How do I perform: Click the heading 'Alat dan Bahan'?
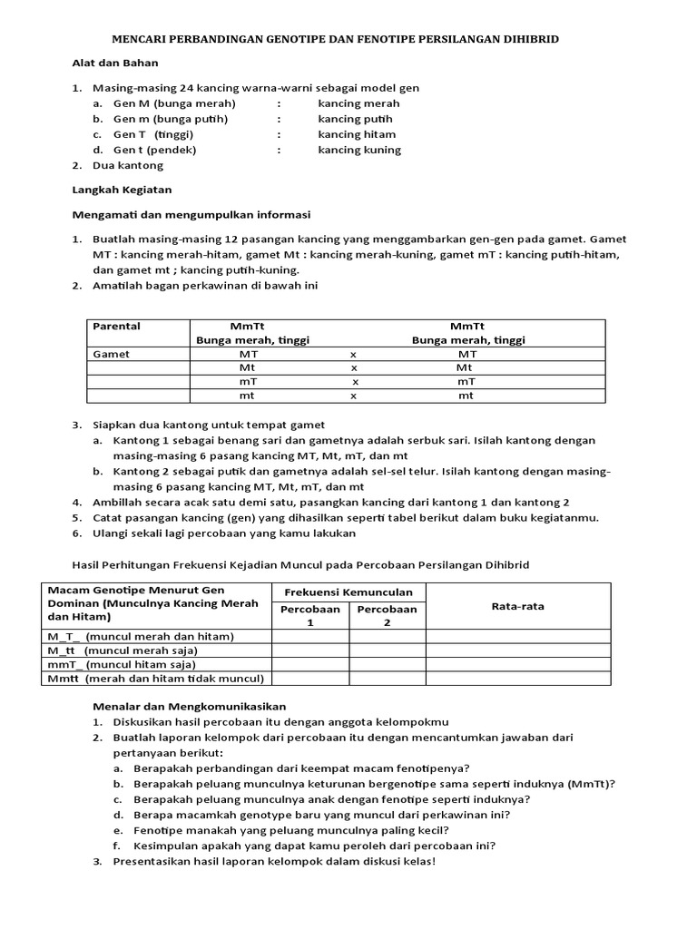115,64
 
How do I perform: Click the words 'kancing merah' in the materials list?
358,103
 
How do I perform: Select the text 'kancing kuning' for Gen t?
358,150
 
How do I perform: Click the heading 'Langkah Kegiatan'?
121,190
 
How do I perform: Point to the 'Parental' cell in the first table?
117,327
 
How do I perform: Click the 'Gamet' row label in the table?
112,355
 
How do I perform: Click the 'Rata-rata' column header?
517,606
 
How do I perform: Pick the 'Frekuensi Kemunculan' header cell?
348,592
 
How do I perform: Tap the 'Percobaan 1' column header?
310,615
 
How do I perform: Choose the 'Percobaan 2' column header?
388,615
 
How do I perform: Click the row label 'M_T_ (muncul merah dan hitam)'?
141,636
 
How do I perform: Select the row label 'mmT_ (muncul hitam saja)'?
122,664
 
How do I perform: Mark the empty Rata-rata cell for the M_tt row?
517,650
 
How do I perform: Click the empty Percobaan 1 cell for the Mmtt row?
310,678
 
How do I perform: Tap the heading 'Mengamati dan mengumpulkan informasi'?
191,215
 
